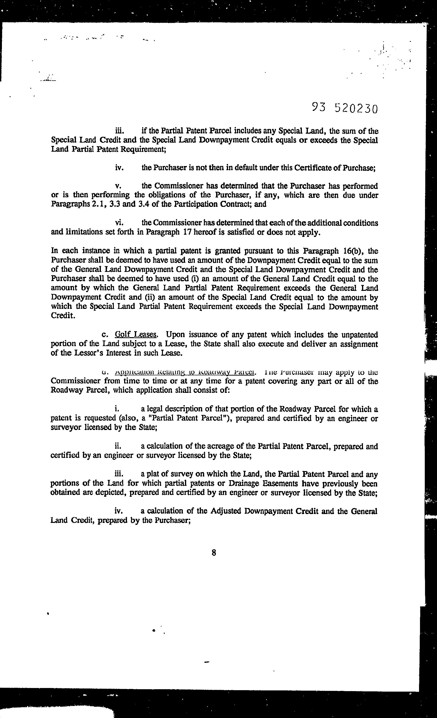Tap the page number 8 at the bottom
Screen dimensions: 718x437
[x=214, y=552]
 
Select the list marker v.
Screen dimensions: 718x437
[x=118, y=186]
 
